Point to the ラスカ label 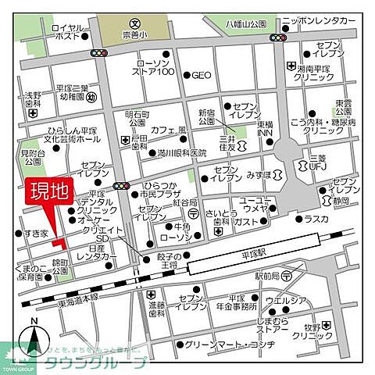tap(316, 220)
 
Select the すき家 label tap(35, 233)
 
